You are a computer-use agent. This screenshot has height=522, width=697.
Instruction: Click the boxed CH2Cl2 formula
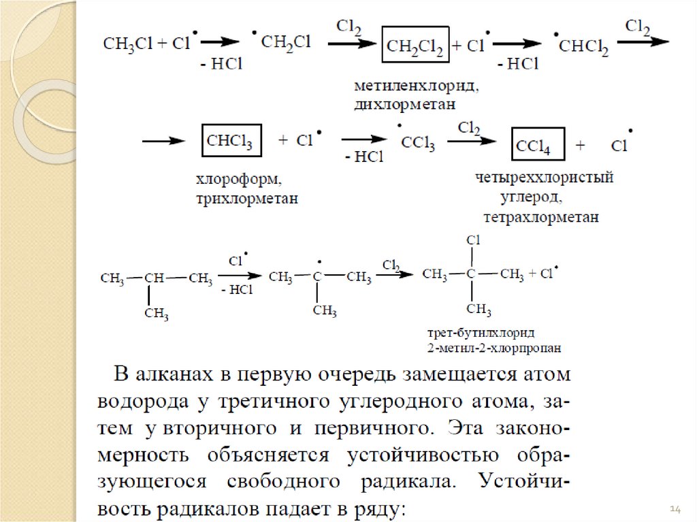coord(415,46)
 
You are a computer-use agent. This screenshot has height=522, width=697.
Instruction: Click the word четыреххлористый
coord(545,178)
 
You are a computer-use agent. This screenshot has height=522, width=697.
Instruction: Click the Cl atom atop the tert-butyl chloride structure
coord(473,240)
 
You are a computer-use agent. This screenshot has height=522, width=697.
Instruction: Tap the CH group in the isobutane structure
coord(155,278)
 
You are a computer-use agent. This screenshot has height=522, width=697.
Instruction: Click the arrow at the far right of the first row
coord(643,41)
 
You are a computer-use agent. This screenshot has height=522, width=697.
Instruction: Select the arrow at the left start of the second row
coord(163,141)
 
